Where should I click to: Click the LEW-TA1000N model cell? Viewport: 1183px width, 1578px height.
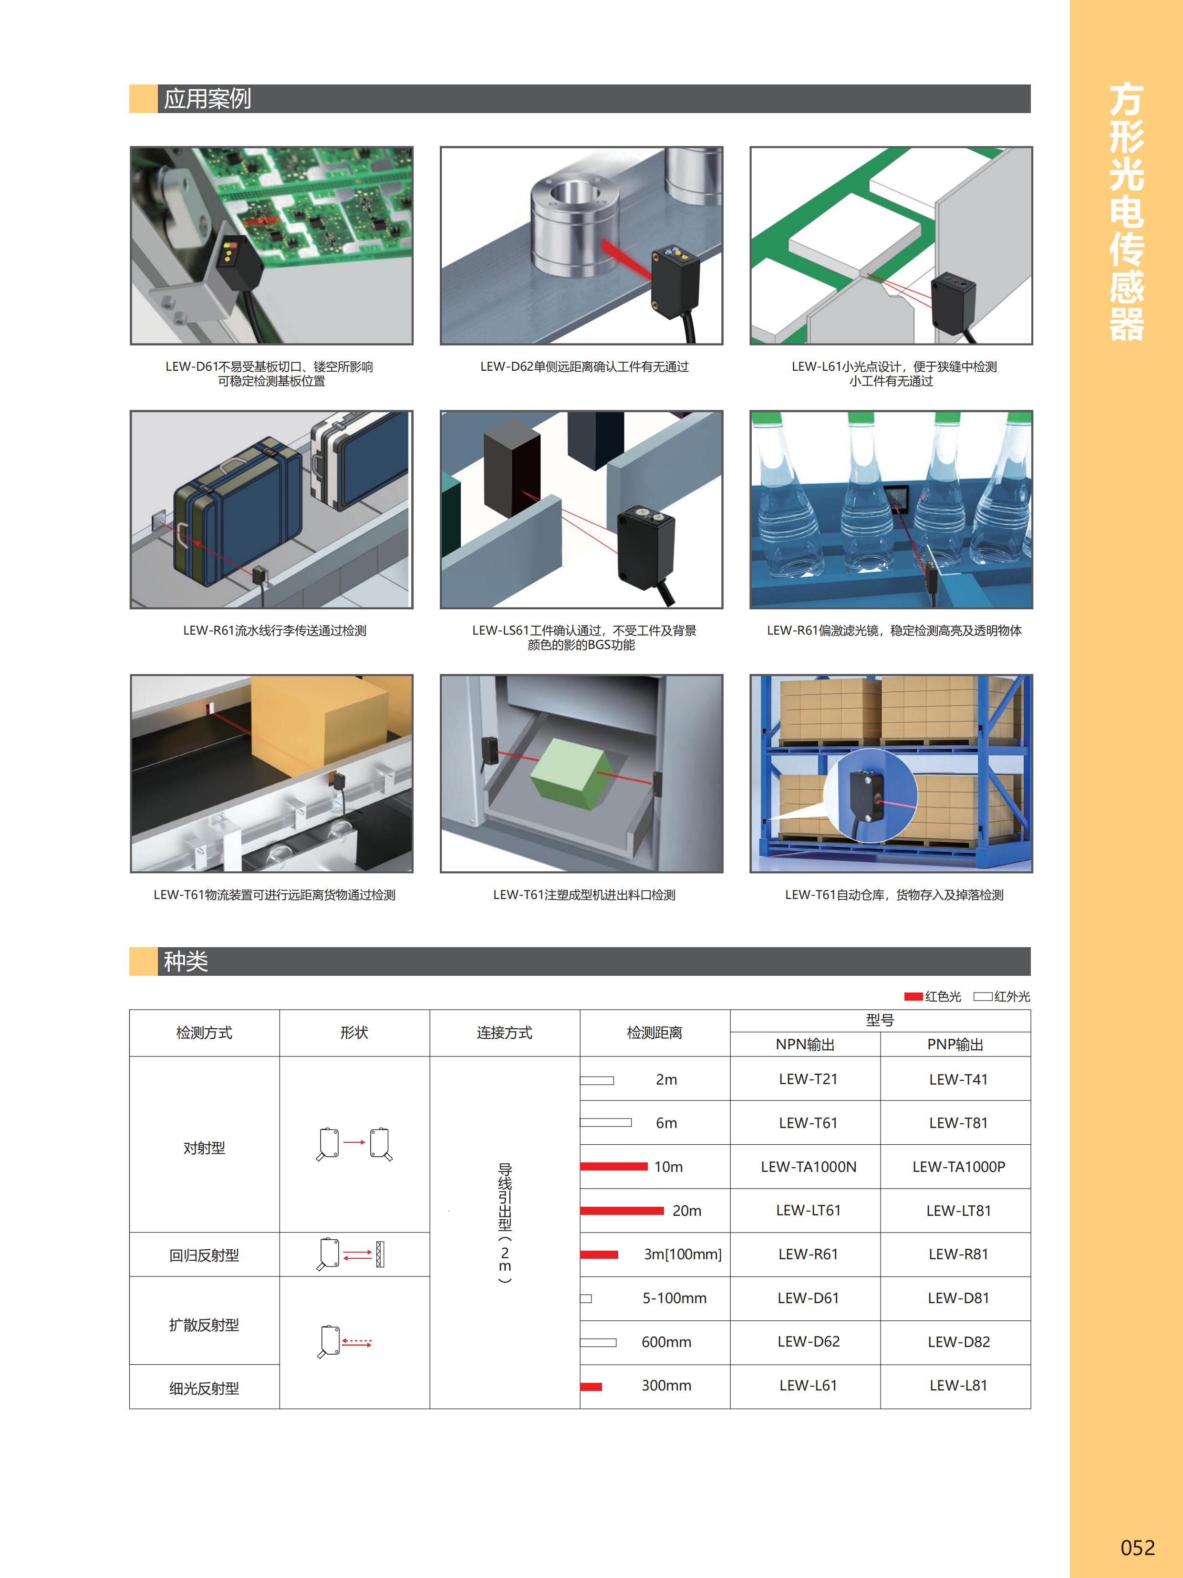(808, 1166)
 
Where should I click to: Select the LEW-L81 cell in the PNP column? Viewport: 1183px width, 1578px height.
(958, 1385)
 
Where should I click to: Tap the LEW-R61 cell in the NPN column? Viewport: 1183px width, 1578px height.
(808, 1254)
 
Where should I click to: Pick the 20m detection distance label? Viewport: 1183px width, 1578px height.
(687, 1211)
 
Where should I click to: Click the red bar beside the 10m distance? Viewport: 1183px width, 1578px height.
(613, 1166)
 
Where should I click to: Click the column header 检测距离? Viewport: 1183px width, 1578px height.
(654, 1033)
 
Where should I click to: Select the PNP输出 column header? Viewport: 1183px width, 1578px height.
(955, 1045)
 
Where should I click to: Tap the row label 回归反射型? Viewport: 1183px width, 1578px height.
(204, 1255)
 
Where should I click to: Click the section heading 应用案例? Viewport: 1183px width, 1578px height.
(208, 98)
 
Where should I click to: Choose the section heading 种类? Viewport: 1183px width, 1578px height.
(186, 961)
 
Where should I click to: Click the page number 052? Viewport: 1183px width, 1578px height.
(1137, 1547)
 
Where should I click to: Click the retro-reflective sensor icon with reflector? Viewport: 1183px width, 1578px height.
(351, 1254)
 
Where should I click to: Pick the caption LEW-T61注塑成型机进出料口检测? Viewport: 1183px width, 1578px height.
(584, 895)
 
